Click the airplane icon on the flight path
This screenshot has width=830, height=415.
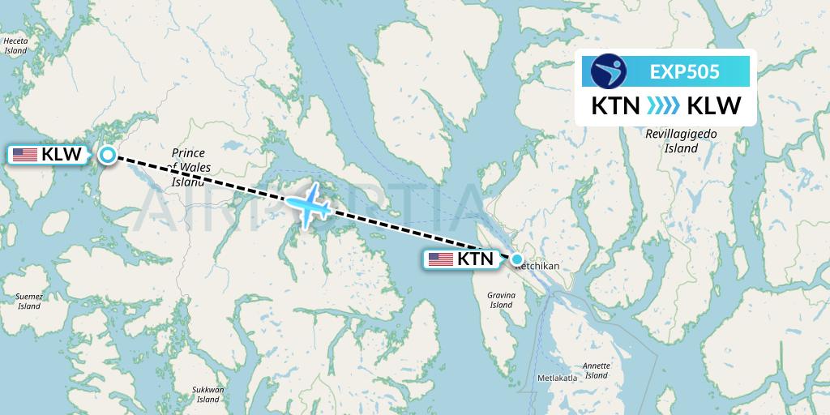pyautogui.click(x=309, y=203)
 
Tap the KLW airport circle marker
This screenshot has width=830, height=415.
pyautogui.click(x=107, y=155)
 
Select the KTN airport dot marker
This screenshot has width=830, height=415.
pyautogui.click(x=517, y=259)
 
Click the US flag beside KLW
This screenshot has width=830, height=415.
pyautogui.click(x=25, y=155)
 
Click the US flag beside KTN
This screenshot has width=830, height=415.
pyautogui.click(x=441, y=259)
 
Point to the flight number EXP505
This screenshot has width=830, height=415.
pyautogui.click(x=684, y=71)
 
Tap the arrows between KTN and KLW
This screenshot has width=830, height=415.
pyautogui.click(x=666, y=106)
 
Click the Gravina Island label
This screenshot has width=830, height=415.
pyautogui.click(x=501, y=300)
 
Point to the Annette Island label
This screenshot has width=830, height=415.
pyautogui.click(x=597, y=370)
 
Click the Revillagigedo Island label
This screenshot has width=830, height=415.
pyautogui.click(x=681, y=142)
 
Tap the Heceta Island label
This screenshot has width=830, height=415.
pyautogui.click(x=16, y=45)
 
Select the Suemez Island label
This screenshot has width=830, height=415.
pyautogui.click(x=29, y=302)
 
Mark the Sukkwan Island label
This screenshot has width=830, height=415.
pyautogui.click(x=208, y=394)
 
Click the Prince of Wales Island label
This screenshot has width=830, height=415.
pyautogui.click(x=189, y=167)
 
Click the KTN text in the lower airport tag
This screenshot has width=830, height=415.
pyautogui.click(x=476, y=259)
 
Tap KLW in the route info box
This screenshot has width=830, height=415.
pyautogui.click(x=712, y=106)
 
